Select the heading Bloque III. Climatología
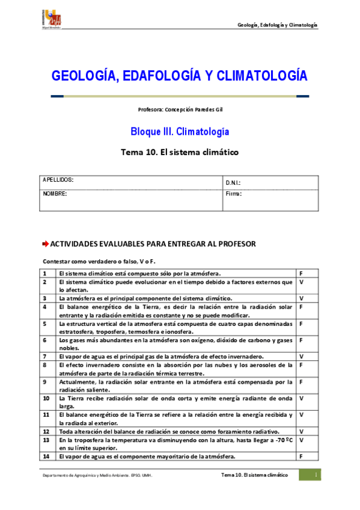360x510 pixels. click(180, 131)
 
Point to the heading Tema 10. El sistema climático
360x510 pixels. click(180, 152)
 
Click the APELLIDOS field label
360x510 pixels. click(58, 180)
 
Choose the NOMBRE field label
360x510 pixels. click(55, 194)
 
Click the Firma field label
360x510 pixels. click(233, 194)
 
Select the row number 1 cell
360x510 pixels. click(45, 273)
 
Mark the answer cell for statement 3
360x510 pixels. click(301, 298)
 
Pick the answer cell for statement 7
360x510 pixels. click(301, 356)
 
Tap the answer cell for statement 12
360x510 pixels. click(301, 431)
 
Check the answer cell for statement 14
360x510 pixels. click(301, 456)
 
